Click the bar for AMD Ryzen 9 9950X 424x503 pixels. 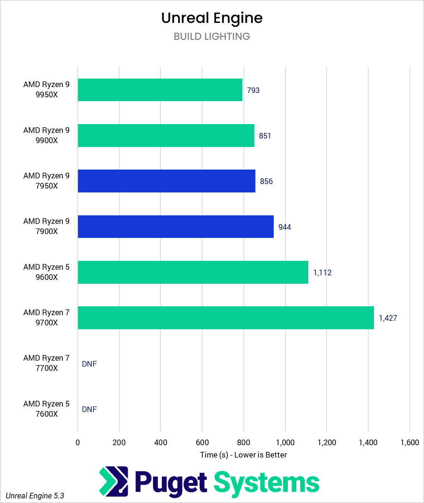[160, 90]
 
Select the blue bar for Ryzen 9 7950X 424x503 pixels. [166, 181]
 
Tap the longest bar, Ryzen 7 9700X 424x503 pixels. [225, 318]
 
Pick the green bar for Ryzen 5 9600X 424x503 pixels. [193, 272]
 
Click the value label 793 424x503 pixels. [253, 90]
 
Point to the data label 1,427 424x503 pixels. [388, 318]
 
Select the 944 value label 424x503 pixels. [284, 227]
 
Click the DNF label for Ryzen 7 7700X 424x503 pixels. [89, 364]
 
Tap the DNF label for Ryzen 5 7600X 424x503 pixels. [89, 409]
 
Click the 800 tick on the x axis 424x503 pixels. [243, 442]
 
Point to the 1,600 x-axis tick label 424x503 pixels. [410, 442]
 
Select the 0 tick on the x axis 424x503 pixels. [78, 442]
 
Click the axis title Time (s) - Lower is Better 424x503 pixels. [243, 455]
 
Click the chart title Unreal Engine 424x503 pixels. [212, 18]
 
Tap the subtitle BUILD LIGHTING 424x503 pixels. [212, 36]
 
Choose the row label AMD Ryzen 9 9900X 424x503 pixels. [46, 135]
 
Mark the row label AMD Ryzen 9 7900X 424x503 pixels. [46, 226]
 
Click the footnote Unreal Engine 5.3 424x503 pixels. [35, 496]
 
